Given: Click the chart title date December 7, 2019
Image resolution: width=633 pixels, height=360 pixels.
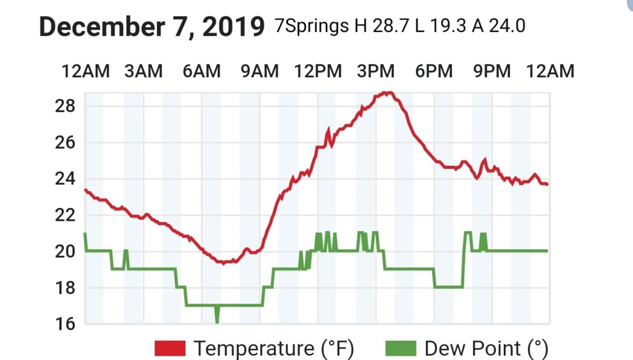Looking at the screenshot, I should (151, 27).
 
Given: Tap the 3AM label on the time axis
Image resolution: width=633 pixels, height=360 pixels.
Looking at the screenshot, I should (143, 72).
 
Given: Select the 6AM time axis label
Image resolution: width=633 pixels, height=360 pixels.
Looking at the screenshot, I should (202, 72).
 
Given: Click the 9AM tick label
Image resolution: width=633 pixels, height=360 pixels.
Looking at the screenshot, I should (260, 72).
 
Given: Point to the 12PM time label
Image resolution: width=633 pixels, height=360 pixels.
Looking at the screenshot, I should (317, 72).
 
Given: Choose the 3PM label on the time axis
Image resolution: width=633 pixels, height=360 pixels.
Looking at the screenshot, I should (376, 72).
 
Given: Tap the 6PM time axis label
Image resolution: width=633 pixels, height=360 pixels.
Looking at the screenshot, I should (434, 72).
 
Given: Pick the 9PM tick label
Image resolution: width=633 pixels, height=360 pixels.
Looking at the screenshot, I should (492, 72).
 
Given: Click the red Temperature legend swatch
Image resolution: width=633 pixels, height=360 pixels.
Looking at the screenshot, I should (170, 348).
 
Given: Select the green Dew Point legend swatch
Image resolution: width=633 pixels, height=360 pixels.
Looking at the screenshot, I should (400, 348).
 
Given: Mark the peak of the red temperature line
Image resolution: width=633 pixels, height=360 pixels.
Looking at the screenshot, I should (387, 93).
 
